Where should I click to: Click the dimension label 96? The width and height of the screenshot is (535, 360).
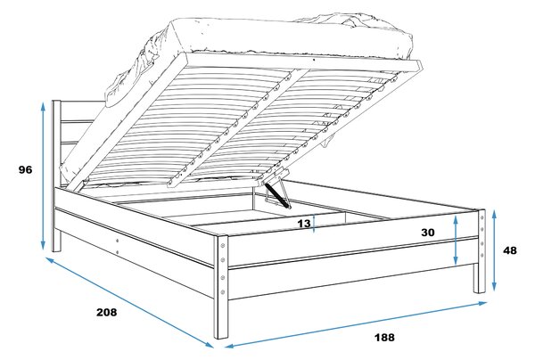click(x=25, y=170)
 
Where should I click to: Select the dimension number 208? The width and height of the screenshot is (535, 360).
click(x=106, y=312)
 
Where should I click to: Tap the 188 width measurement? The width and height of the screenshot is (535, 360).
click(x=384, y=338)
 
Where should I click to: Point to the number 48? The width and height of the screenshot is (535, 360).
click(x=510, y=250)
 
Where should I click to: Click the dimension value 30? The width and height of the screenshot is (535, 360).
click(x=428, y=233)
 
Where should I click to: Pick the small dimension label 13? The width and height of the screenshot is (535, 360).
click(x=304, y=224)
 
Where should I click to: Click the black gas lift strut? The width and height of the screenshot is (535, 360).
click(x=276, y=194)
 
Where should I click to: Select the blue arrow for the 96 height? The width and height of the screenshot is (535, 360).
click(x=43, y=176)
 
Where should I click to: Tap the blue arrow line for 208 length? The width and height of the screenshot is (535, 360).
click(x=129, y=302)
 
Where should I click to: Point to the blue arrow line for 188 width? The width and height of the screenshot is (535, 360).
click(x=356, y=324)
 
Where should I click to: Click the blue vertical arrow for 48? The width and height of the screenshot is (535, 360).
click(x=494, y=250)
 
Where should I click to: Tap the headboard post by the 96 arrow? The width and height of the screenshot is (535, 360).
click(x=56, y=176)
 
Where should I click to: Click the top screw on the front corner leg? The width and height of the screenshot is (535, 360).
click(x=223, y=245)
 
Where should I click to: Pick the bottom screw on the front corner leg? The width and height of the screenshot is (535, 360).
click(x=223, y=291)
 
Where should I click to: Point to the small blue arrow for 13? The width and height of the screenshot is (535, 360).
click(x=314, y=224)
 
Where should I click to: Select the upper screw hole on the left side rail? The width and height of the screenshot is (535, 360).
click(x=118, y=241)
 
